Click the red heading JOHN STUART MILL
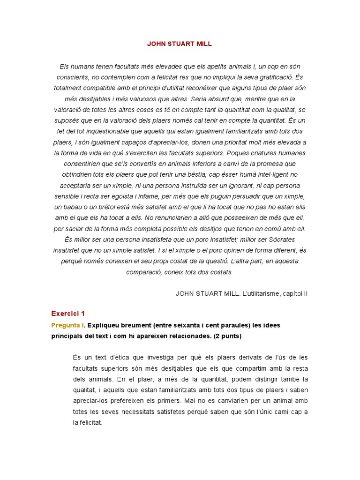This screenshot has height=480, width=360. pos(180,44)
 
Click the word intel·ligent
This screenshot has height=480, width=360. pos(268,174)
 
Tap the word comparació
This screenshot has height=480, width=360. pos(145,272)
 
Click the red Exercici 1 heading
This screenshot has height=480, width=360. pos(68,314)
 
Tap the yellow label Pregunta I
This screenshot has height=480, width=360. pos(67,325)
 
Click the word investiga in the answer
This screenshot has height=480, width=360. pos(158,357)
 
